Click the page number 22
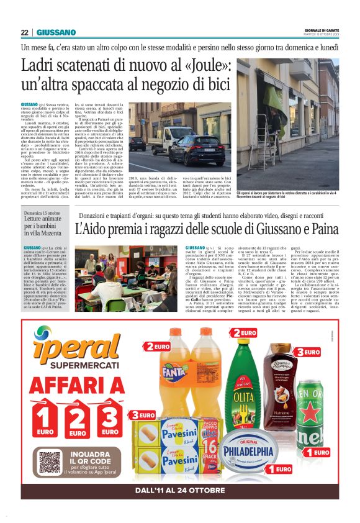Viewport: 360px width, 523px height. tap(25, 32)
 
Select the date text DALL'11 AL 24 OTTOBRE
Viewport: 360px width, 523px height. tap(180, 491)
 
